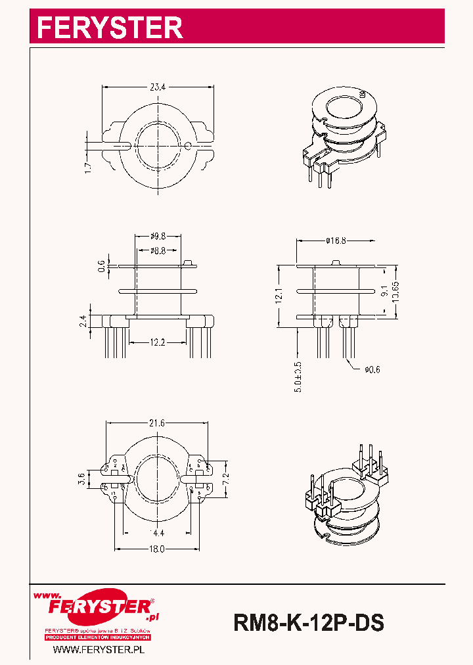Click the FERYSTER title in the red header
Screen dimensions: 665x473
click(110, 28)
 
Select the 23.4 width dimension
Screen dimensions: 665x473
click(157, 85)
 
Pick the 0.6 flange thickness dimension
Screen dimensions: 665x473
click(101, 265)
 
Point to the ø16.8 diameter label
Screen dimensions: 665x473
click(336, 241)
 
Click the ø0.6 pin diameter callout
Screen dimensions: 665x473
click(372, 369)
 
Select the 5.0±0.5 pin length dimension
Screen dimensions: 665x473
click(298, 377)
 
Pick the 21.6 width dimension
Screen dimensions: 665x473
click(157, 423)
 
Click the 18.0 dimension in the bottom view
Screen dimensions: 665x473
click(156, 549)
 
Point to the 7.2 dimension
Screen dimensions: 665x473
click(226, 478)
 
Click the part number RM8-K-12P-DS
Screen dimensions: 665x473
click(308, 622)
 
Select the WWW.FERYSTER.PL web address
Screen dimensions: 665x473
click(99, 649)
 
